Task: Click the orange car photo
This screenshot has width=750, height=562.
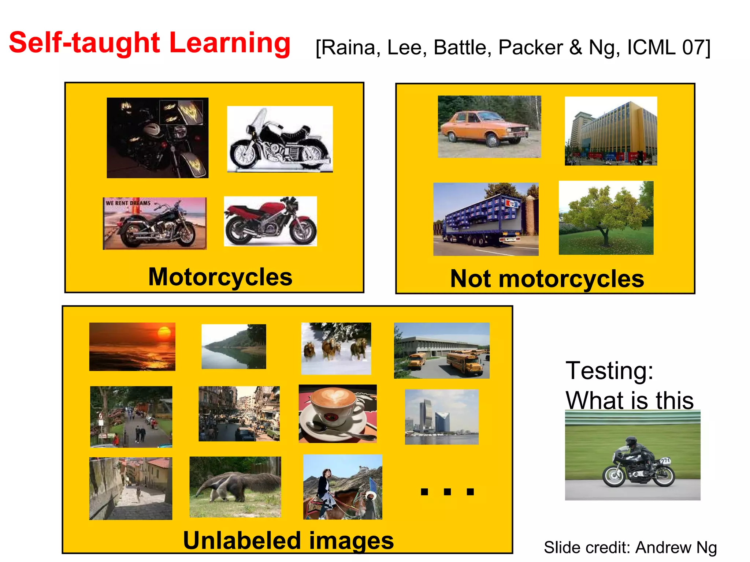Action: [489, 127]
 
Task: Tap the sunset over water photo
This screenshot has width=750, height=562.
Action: [132, 346]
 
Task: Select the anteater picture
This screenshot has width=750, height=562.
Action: [235, 487]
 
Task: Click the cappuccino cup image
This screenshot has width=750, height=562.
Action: [338, 413]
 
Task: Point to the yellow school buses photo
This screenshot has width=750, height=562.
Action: [442, 351]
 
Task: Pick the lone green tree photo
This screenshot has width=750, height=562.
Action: [606, 218]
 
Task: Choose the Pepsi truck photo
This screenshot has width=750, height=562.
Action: [486, 219]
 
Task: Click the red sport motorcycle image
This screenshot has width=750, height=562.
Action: [270, 221]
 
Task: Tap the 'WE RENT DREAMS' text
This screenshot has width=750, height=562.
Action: [128, 203]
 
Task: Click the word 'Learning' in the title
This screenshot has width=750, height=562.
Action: [230, 43]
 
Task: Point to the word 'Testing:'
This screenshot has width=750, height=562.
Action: [609, 371]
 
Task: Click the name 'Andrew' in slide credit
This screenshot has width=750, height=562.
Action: [663, 548]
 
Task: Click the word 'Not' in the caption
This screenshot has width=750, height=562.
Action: [470, 279]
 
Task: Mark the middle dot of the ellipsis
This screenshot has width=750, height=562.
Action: [447, 492]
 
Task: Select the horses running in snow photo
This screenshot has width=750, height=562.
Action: [336, 348]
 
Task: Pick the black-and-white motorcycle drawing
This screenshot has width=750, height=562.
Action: [280, 139]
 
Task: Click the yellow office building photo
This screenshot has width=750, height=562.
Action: [611, 131]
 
